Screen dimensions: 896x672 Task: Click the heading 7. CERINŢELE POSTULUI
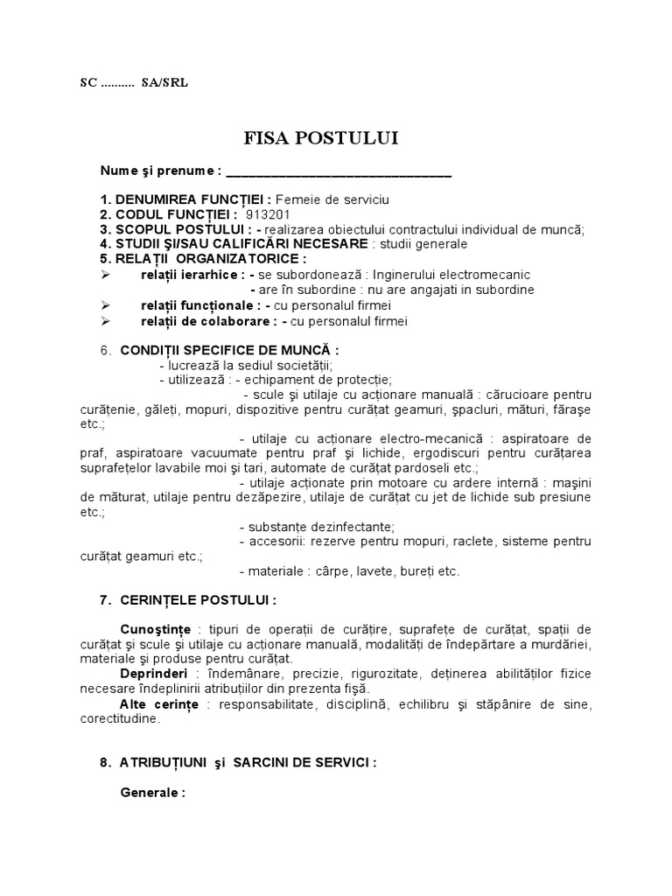coord(188,600)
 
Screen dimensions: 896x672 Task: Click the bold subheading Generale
coord(152,793)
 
